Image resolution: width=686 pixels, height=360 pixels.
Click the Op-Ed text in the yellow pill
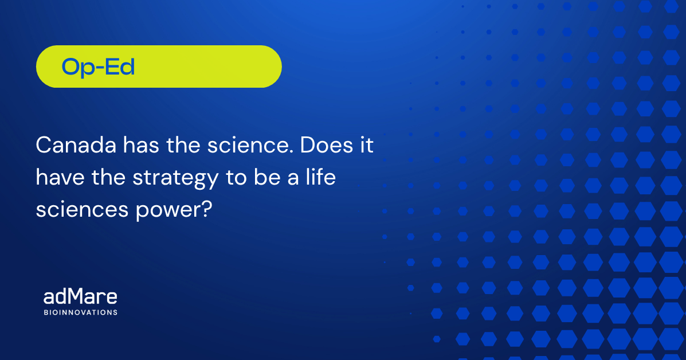click(98, 68)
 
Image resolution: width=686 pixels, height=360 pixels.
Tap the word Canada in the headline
click(76, 145)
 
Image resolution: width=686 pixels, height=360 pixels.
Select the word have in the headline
click(60, 177)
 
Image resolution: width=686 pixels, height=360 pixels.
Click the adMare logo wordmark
click(80, 297)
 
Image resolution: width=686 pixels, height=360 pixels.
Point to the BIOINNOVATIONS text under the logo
click(80, 312)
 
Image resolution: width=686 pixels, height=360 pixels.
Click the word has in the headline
click(141, 145)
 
